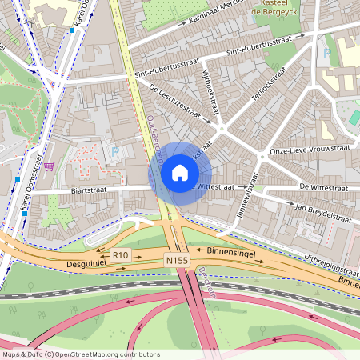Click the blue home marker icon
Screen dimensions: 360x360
[180, 173]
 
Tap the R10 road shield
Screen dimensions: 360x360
[120, 255]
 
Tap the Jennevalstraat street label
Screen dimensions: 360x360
[251, 196]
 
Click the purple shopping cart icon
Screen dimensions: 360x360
[50, 166]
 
